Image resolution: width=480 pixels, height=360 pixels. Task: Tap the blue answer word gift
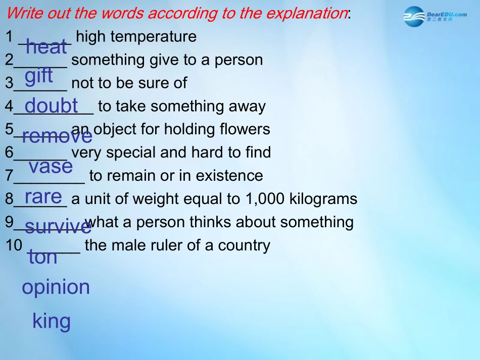click(38, 75)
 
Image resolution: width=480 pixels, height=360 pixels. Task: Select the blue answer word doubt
click(51, 105)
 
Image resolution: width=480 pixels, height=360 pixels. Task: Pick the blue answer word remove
click(57, 135)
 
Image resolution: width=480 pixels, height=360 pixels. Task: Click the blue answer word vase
click(51, 167)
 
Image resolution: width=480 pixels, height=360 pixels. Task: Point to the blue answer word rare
click(43, 196)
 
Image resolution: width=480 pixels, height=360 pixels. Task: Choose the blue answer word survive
click(58, 226)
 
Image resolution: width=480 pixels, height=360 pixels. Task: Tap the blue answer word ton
click(43, 256)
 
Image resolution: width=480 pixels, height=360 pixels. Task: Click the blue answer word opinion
click(56, 287)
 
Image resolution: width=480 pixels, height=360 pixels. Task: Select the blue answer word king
click(52, 321)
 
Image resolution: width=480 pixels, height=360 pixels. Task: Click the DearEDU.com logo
click(435, 17)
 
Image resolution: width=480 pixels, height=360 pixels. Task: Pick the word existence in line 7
click(229, 176)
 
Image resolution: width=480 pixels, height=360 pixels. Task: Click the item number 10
click(14, 245)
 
